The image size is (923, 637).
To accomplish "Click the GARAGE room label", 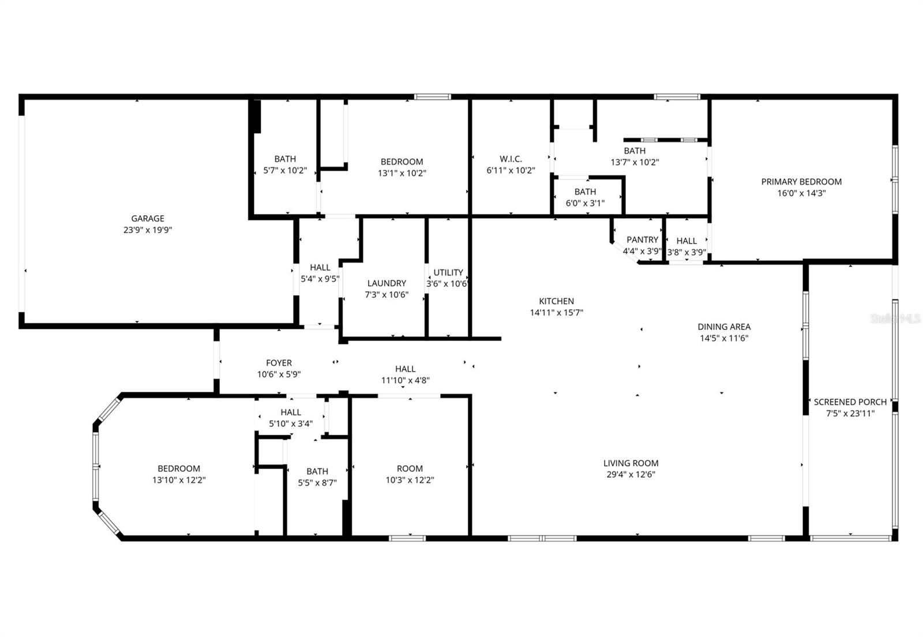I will click(148, 218).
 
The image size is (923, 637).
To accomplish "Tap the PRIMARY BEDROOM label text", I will click(801, 182).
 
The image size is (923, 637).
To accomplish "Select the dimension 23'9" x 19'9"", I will click(148, 230).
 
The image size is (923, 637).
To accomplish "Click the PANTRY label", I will click(642, 239).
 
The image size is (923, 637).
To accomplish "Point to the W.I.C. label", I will click(511, 159).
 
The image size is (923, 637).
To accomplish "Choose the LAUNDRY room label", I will click(387, 283).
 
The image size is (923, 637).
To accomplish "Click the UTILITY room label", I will click(448, 272).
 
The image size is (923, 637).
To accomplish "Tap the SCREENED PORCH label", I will click(850, 402).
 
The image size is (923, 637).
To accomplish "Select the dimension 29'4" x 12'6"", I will click(631, 474).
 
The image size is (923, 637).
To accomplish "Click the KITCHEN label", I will click(556, 301).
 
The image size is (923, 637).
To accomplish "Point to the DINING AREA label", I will click(724, 327).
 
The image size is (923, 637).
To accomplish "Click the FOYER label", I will click(279, 363).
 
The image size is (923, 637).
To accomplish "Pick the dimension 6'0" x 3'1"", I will click(585, 203).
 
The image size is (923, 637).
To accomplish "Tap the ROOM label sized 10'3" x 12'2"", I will click(410, 469).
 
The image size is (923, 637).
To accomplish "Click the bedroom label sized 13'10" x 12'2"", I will click(179, 469).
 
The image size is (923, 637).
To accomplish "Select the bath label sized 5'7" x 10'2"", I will click(285, 159).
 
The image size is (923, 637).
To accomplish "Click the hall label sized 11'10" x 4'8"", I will click(405, 369).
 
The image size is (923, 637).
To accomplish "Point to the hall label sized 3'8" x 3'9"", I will click(686, 241).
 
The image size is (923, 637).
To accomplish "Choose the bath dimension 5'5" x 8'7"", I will click(317, 483).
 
